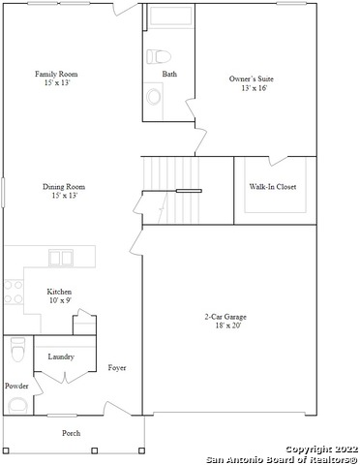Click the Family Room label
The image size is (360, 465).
pos(56,74)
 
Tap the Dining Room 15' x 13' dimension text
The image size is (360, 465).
pos(65,196)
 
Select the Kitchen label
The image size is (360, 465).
pos(59,292)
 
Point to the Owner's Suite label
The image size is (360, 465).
pos(252,78)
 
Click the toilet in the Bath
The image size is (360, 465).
pos(159,56)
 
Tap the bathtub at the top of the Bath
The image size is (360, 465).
pos(170,15)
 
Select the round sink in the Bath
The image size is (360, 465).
pos(154,97)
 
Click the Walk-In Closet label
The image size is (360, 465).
pos(273,187)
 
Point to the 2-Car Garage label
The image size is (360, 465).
pos(225,317)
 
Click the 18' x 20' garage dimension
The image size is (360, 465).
pos(228,325)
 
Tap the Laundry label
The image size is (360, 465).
pos(61,356)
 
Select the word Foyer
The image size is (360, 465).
pos(117,368)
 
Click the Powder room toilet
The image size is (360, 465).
pos(18,349)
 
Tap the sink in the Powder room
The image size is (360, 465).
pos(18,406)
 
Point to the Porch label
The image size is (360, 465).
pos(72,433)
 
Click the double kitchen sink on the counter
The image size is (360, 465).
pos(61,258)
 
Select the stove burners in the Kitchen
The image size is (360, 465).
pos(14,292)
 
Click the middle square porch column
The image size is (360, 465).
pos(95,450)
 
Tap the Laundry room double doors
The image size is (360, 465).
pos(65,377)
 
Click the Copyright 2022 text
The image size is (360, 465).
pos(322,449)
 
